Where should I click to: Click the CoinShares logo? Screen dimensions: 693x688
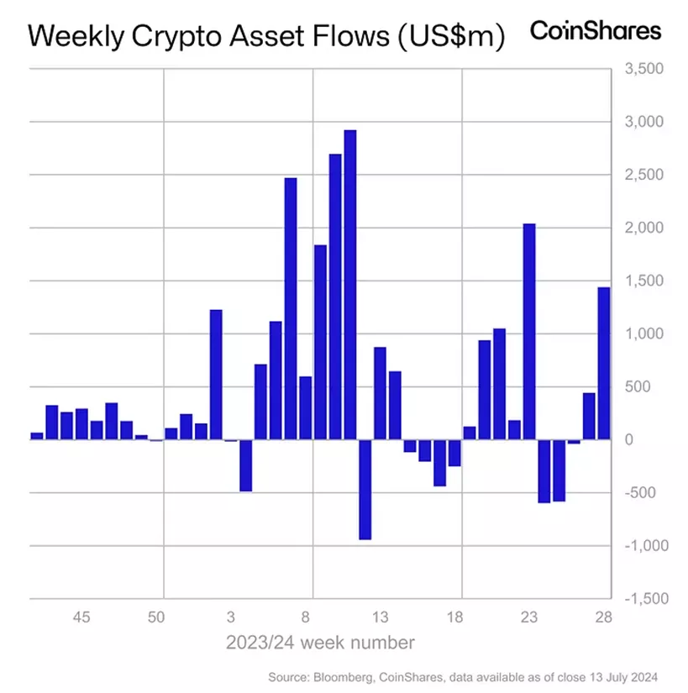pyautogui.click(x=595, y=31)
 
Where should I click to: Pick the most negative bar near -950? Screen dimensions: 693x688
pyautogui.click(x=365, y=489)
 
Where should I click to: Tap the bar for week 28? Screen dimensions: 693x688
pyautogui.click(x=603, y=363)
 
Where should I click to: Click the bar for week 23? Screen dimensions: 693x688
pyautogui.click(x=528, y=331)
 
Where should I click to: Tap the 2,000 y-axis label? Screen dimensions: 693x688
pyautogui.click(x=644, y=228)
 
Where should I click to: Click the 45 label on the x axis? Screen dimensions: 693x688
pyautogui.click(x=81, y=617)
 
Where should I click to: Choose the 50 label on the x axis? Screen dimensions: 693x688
pyautogui.click(x=155, y=617)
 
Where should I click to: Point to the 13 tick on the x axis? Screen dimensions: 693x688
pyautogui.click(x=380, y=617)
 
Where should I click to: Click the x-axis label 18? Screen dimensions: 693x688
pyautogui.click(x=454, y=617)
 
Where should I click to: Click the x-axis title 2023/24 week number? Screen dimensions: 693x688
pyautogui.click(x=319, y=643)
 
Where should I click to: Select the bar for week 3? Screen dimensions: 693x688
pyautogui.click(x=230, y=440)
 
